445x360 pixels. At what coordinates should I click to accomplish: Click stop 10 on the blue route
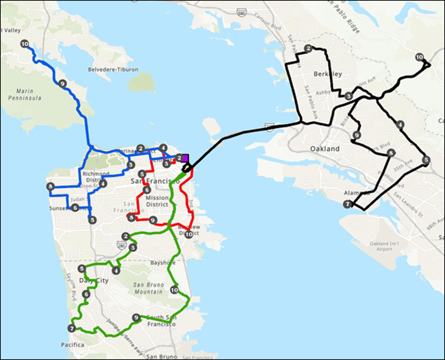(x=25, y=44)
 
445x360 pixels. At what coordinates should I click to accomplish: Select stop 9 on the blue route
(x=62, y=84)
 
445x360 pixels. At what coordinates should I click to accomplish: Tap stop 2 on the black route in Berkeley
(x=309, y=49)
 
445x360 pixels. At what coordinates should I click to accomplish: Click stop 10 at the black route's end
(x=419, y=57)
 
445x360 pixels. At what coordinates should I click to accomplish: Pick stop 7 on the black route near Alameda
(x=348, y=204)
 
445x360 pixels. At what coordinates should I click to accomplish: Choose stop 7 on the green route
(x=71, y=329)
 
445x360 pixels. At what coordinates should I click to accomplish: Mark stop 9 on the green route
(x=136, y=318)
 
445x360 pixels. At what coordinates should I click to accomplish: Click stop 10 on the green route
(x=174, y=290)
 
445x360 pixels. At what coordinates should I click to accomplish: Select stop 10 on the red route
(x=188, y=234)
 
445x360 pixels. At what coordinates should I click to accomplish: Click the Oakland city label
(x=324, y=149)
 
